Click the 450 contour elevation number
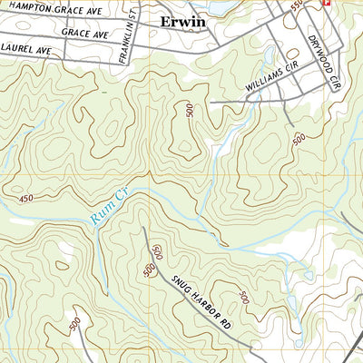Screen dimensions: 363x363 [x=25, y=196]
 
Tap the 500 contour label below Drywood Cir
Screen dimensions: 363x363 [x=299, y=139]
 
